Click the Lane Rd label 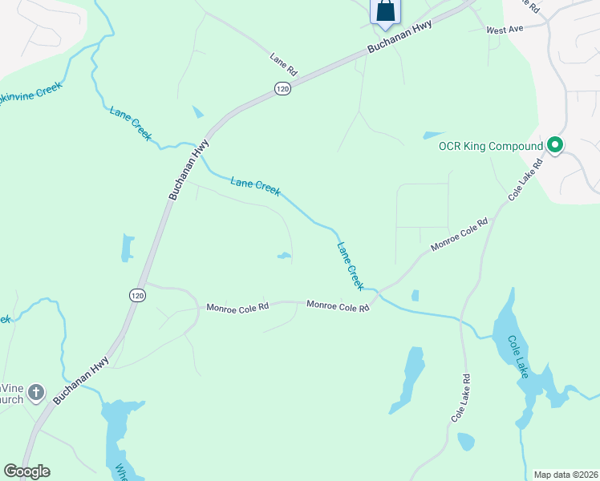pos(284,65)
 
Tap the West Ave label pos(505,30)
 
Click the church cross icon pos(35,392)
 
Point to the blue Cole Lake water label pos(518,356)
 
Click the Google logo pos(26,471)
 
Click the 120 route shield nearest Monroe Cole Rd pos(136,295)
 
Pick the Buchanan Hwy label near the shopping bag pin pos(399,37)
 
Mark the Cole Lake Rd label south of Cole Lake pos(460,398)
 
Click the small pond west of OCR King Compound pos(433,135)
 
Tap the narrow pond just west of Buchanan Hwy pos(127,248)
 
